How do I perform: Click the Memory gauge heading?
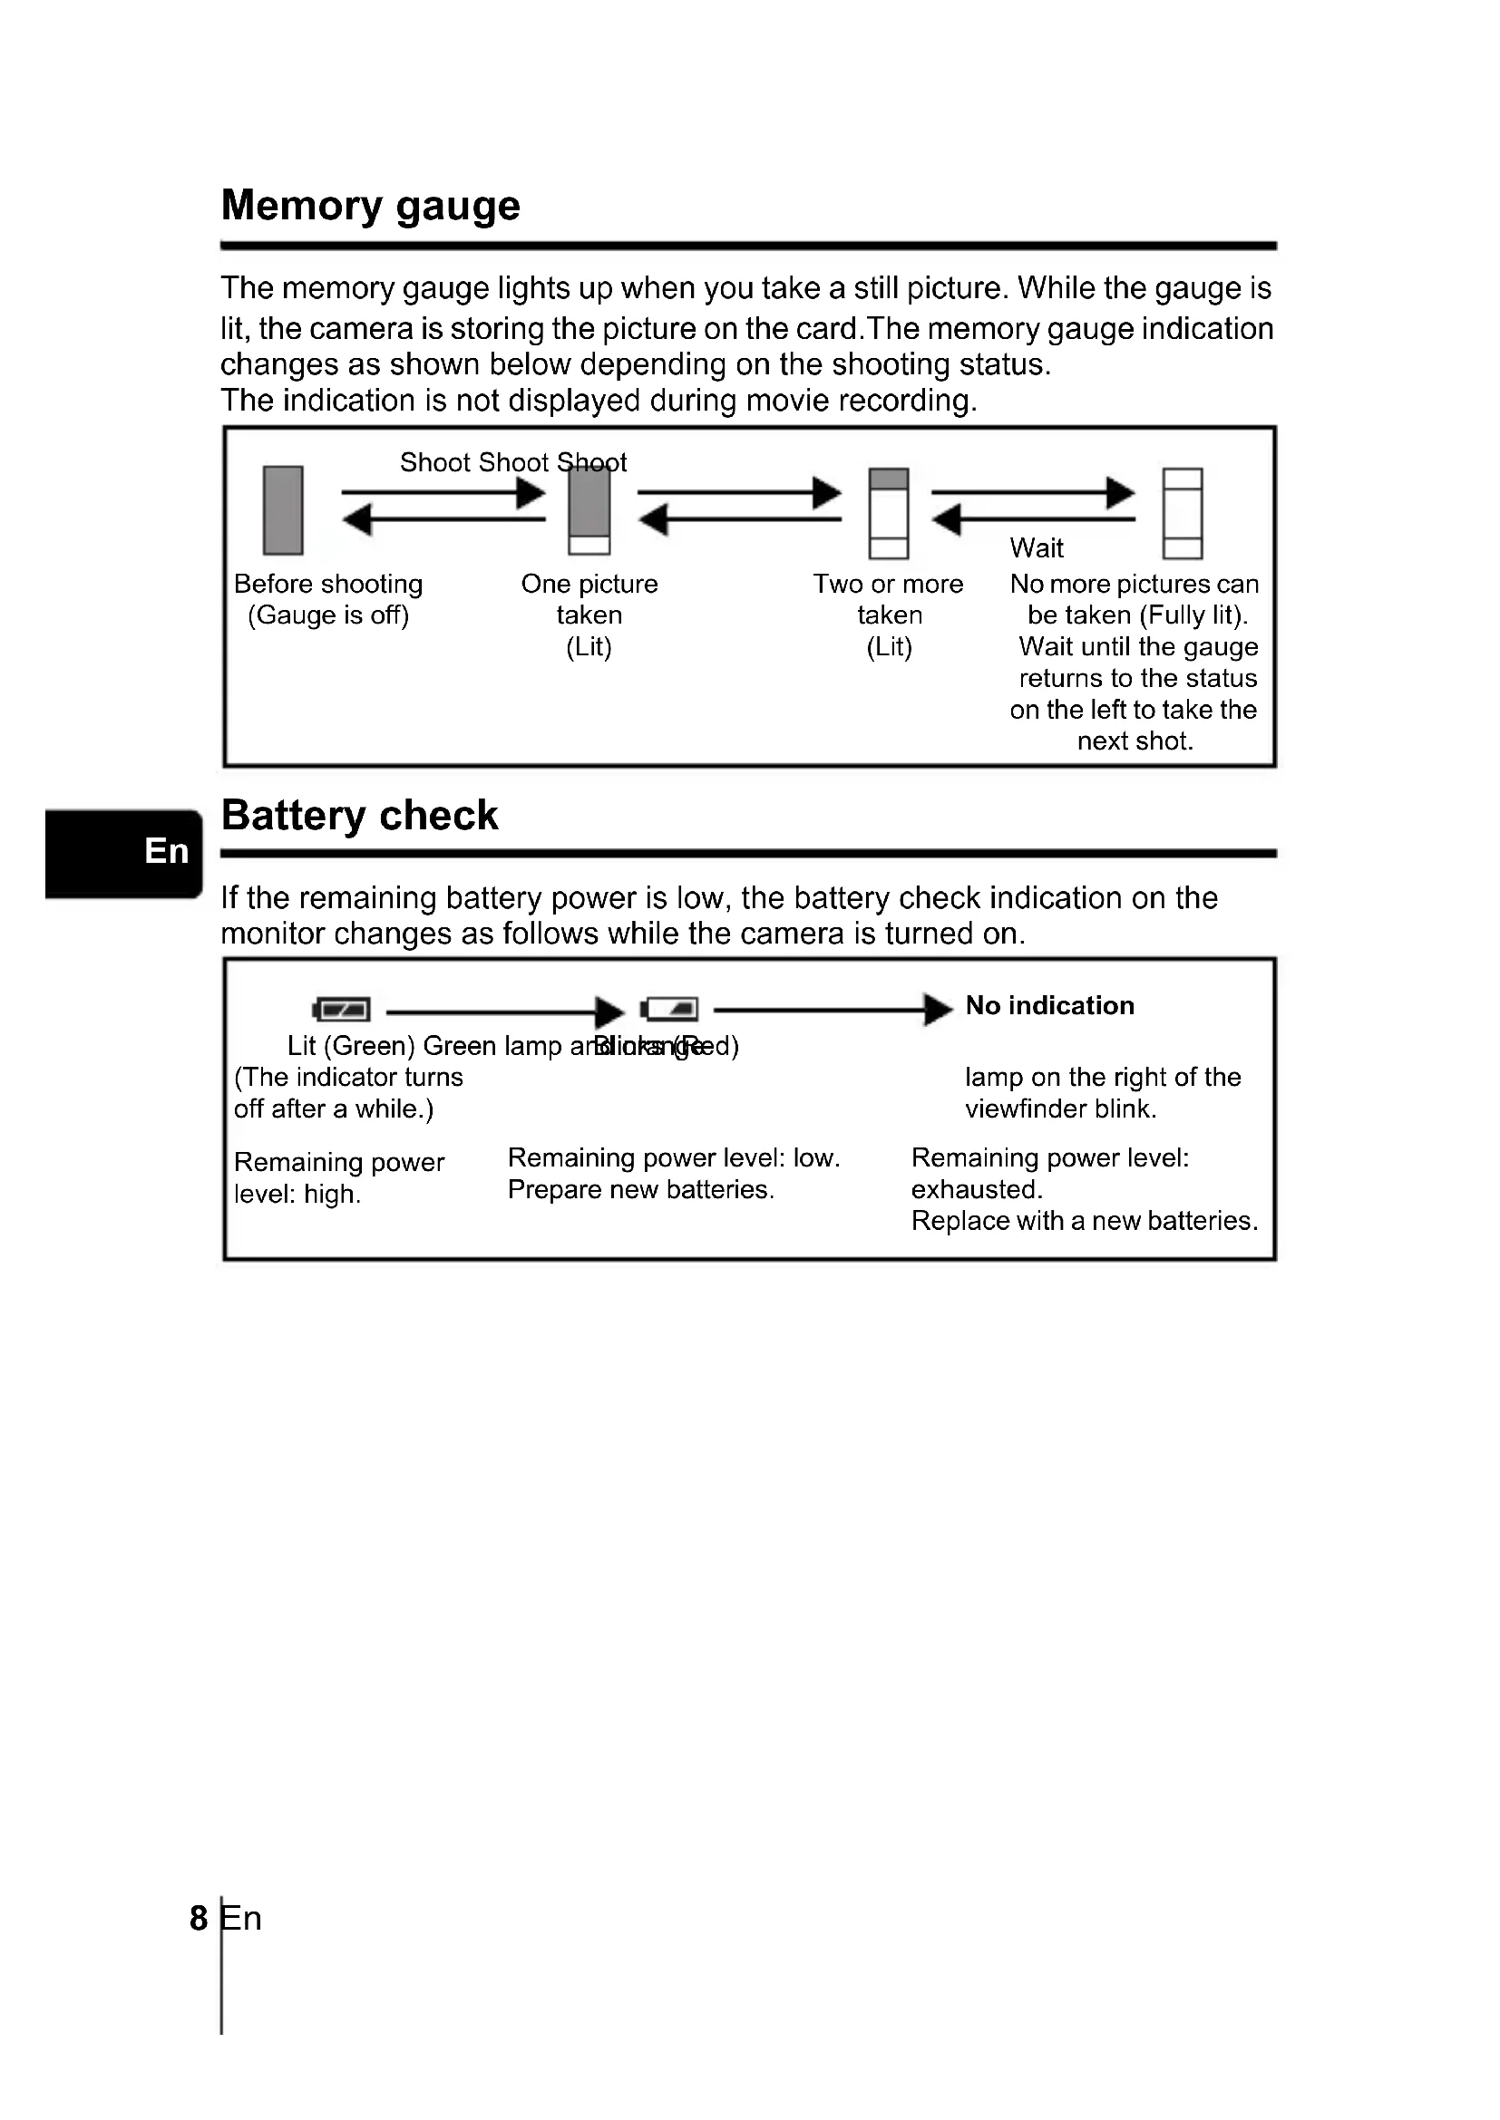click(370, 206)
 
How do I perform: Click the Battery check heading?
click(359, 817)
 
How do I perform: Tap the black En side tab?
click(122, 852)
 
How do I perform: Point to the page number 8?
click(199, 1918)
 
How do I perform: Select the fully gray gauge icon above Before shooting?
click(283, 510)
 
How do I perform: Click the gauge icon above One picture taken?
click(589, 510)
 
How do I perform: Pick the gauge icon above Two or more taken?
click(889, 513)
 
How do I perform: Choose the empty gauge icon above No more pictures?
click(1183, 513)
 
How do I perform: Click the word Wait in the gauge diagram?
click(1037, 548)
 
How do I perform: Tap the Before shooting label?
click(328, 585)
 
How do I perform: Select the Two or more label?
click(888, 585)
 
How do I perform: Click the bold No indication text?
click(1049, 1005)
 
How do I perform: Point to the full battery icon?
click(342, 1009)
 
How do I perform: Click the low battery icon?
click(669, 1009)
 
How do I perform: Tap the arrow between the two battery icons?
click(504, 1012)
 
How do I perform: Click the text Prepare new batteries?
click(641, 1189)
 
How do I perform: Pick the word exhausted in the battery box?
click(977, 1189)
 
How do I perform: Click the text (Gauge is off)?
click(328, 615)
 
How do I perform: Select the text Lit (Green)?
click(351, 1046)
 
